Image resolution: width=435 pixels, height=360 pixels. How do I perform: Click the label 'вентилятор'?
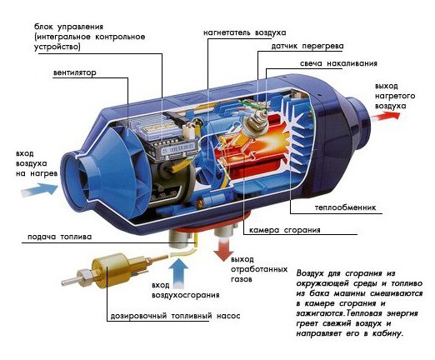click(x=75, y=72)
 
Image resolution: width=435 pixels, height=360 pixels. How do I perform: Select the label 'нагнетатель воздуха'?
click(x=245, y=32)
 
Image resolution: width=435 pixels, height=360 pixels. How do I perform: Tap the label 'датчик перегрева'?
click(x=307, y=46)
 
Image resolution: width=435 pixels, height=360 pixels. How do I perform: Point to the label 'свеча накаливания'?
click(x=338, y=63)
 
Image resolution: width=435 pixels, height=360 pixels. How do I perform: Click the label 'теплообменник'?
click(x=345, y=207)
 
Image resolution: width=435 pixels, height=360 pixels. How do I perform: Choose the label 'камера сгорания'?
click(x=285, y=230)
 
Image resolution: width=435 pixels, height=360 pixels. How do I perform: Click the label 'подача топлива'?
click(x=59, y=237)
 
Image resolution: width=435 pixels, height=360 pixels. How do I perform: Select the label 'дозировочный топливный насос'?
click(x=175, y=316)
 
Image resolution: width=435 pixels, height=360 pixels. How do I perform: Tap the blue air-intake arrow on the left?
click(x=39, y=190)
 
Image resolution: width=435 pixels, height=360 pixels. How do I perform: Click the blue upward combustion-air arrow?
click(x=178, y=272)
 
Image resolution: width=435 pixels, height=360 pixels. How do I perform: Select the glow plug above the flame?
click(x=253, y=122)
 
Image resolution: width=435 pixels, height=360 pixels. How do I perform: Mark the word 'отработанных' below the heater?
click(x=259, y=269)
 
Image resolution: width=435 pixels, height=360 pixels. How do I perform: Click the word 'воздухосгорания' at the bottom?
click(x=186, y=295)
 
